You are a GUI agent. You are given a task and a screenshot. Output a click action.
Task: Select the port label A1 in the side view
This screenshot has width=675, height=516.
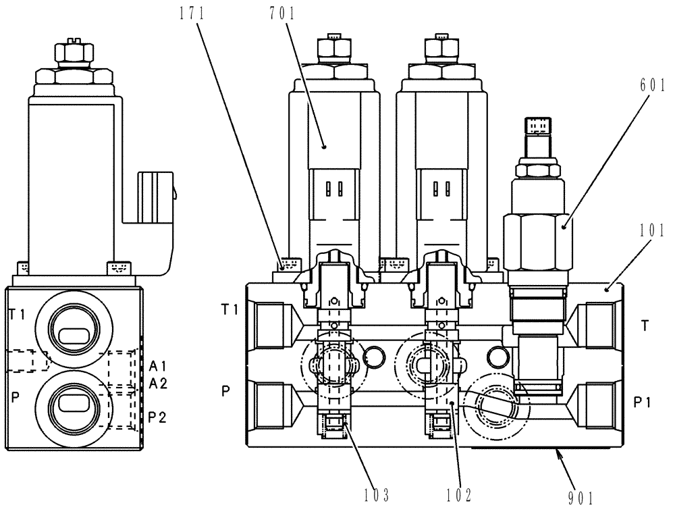click(159, 367)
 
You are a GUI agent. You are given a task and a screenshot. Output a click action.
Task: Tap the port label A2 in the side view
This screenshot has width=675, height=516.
click(159, 384)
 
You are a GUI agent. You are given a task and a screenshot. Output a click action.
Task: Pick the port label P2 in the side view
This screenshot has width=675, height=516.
click(159, 417)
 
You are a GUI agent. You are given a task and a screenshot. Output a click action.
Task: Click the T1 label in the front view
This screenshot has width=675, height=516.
click(231, 310)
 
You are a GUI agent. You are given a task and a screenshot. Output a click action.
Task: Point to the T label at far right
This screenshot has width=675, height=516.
click(645, 325)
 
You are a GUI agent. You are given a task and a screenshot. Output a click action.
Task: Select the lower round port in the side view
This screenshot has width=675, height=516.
click(70, 404)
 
